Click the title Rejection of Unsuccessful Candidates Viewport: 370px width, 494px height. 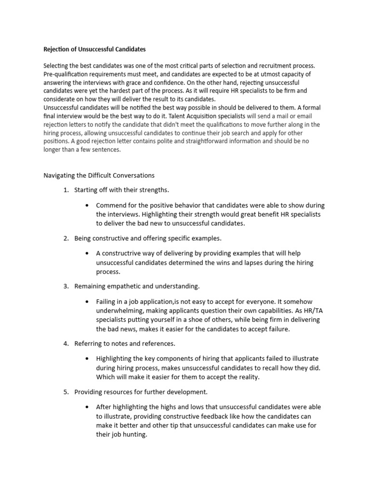coord(94,49)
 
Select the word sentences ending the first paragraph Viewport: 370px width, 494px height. coord(106,150)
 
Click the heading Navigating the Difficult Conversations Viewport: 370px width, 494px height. coord(99,175)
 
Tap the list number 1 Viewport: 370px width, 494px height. coord(66,190)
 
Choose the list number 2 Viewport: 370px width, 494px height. coord(66,238)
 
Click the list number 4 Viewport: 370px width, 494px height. coord(66,343)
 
